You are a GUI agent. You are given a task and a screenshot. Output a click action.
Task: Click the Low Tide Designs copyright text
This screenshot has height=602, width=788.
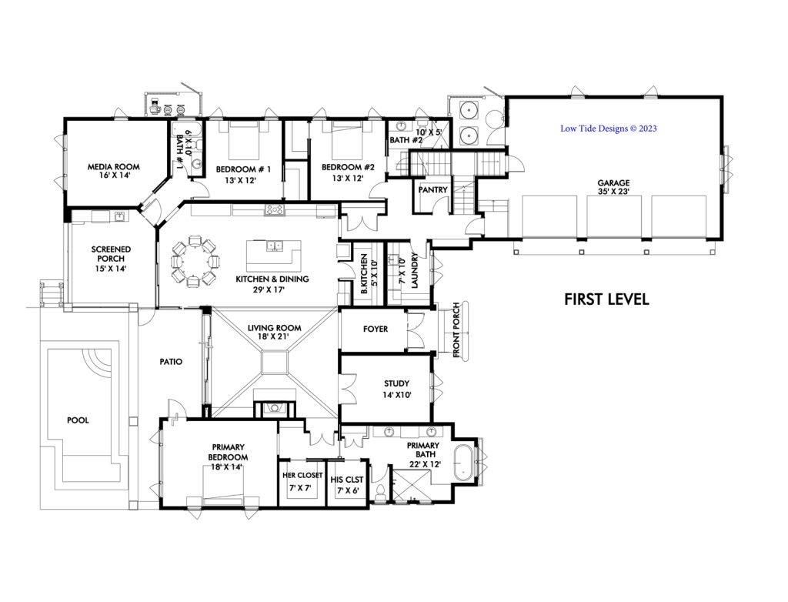pos(608,129)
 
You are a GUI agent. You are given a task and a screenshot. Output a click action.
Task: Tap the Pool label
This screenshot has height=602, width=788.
pos(77,420)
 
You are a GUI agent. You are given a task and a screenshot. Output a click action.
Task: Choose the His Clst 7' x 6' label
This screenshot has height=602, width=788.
pos(348,484)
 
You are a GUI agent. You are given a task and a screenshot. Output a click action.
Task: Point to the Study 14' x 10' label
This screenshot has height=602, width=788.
pos(396,389)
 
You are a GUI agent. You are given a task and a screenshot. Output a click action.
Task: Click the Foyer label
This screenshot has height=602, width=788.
pos(375,329)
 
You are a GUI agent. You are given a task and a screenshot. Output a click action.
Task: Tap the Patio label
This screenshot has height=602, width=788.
pos(170,360)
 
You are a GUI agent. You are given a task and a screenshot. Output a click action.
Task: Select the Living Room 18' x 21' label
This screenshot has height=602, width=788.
pos(274,333)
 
